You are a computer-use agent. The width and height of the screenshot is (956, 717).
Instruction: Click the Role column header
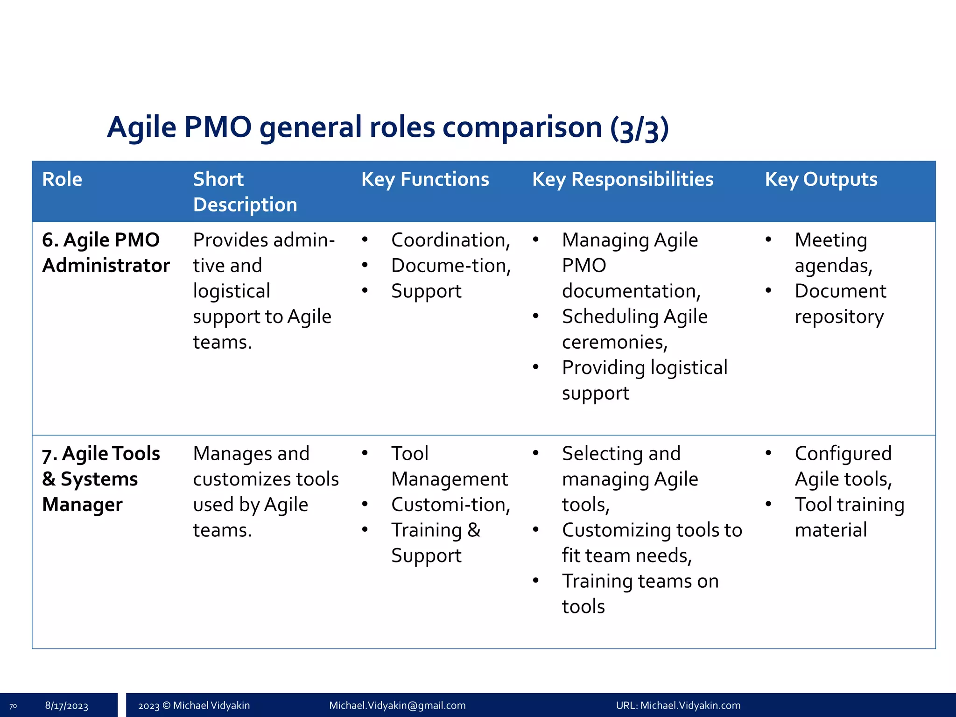pos(62,180)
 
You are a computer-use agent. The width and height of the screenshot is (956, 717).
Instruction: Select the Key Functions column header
pos(425,180)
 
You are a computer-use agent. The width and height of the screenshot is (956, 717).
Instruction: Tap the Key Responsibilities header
pos(622,180)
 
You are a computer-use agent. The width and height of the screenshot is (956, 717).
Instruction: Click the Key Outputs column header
pos(821,180)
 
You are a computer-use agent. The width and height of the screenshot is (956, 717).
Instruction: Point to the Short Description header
pos(245,192)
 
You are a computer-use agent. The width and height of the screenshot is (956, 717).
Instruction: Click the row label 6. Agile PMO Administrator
pos(105,253)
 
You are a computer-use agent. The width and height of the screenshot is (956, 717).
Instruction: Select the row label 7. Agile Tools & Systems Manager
pos(100,479)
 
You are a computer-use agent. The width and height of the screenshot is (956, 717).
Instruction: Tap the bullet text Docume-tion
pos(450,266)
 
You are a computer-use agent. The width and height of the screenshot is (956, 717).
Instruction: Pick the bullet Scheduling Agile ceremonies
pos(634,329)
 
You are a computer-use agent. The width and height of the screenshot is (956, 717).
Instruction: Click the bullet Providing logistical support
pos(644,380)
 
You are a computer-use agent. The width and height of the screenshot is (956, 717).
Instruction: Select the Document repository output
pos(840,304)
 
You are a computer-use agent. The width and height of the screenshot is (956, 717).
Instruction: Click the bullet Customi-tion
pos(450,505)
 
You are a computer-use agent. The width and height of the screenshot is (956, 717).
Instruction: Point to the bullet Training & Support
pos(435,542)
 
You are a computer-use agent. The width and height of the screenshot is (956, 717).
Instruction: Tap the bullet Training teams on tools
pos(640,593)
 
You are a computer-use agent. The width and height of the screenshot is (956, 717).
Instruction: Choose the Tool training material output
pos(849,517)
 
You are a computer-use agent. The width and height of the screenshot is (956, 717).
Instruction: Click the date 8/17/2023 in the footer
pos(66,705)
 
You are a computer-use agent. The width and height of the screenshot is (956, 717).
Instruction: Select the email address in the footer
pos(397,705)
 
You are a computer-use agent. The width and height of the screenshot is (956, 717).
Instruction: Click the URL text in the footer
pos(678,705)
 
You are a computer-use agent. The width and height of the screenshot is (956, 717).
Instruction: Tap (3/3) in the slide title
pos(639,128)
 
